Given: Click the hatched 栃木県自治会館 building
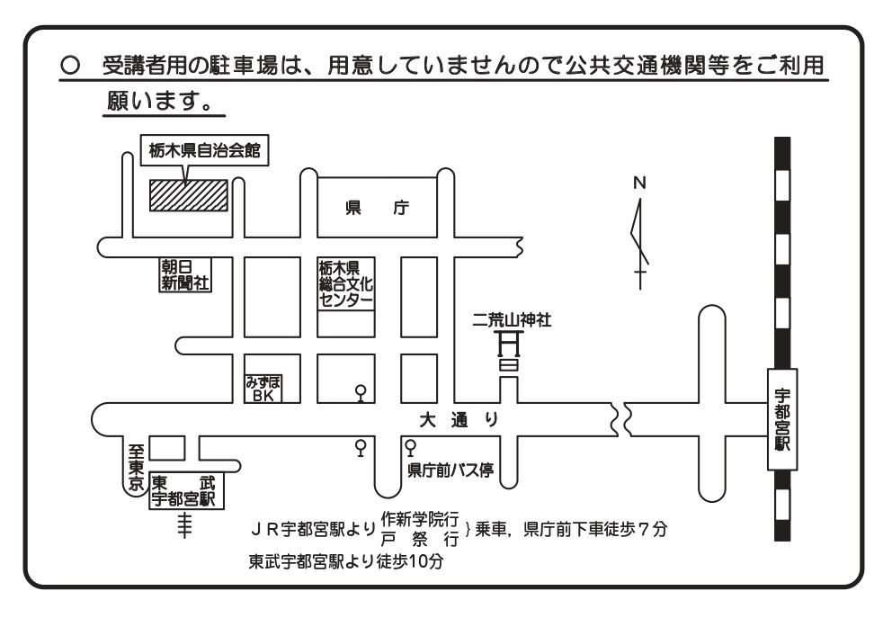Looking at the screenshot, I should (x=188, y=194).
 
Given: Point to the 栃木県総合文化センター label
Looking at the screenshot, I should (x=345, y=283).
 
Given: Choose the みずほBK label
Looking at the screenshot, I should (x=263, y=388).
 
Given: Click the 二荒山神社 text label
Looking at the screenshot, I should (x=513, y=319).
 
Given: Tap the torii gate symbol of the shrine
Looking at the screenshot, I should (x=510, y=352).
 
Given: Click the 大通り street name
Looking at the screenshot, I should (x=459, y=420).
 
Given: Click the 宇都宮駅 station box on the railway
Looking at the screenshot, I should (x=781, y=418).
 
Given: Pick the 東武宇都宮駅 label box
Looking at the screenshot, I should (x=185, y=491).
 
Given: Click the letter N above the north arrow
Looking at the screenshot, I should (x=639, y=183).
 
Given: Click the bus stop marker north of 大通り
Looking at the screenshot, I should (x=361, y=393).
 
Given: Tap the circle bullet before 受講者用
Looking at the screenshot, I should (x=67, y=68).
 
